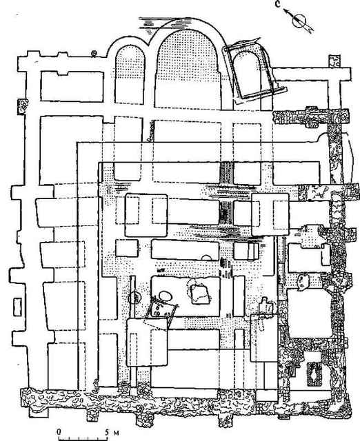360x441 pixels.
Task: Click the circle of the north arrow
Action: point(299,21)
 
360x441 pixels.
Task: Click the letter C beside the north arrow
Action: point(279,5)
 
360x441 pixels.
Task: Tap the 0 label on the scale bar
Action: point(59,431)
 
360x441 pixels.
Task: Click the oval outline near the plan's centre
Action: point(166,296)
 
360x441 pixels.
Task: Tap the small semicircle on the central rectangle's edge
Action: point(208,257)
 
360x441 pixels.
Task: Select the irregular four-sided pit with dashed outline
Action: point(201,294)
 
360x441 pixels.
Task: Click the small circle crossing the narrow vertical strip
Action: point(134,297)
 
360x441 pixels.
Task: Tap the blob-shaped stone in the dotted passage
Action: point(302,281)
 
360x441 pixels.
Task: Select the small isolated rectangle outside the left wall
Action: point(18,307)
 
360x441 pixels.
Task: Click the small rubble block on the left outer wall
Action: point(23,107)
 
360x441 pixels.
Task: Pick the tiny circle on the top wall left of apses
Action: point(94,52)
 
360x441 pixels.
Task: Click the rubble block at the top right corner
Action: point(334,61)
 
